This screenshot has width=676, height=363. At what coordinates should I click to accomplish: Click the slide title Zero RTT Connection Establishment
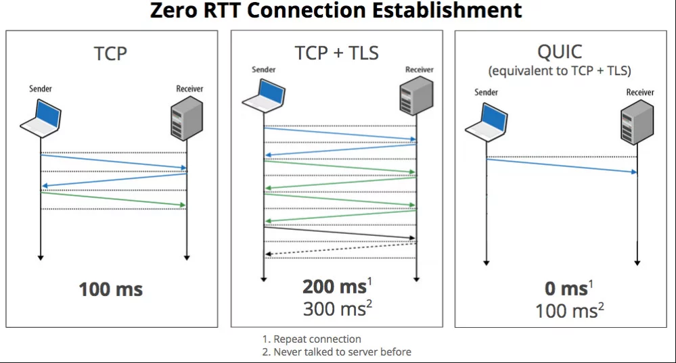pyautogui.click(x=336, y=10)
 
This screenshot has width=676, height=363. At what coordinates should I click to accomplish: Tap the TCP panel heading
pyautogui.click(x=110, y=54)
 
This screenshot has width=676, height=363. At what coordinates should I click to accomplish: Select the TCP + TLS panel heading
pyautogui.click(x=337, y=53)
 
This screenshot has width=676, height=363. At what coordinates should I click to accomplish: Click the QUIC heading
pyautogui.click(x=560, y=51)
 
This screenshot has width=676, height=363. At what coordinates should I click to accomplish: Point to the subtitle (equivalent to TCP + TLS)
pyautogui.click(x=560, y=70)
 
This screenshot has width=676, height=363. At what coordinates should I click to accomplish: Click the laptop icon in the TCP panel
pyautogui.click(x=41, y=118)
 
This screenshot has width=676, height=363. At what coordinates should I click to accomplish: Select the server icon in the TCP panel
pyautogui.click(x=187, y=118)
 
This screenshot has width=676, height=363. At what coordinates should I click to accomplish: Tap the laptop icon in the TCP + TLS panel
pyautogui.click(x=263, y=97)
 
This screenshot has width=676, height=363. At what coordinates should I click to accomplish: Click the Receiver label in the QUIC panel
pyautogui.click(x=639, y=92)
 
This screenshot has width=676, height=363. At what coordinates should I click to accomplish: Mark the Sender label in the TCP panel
pyautogui.click(x=41, y=89)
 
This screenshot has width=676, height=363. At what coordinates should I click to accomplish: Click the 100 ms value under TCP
pyautogui.click(x=111, y=289)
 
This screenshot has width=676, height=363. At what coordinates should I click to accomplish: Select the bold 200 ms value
pyautogui.click(x=334, y=287)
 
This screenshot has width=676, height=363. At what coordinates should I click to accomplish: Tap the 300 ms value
pyautogui.click(x=334, y=309)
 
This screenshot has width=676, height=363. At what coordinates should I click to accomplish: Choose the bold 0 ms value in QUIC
pyautogui.click(x=566, y=289)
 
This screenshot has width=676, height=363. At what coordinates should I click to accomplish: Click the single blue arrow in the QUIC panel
pyautogui.click(x=562, y=166)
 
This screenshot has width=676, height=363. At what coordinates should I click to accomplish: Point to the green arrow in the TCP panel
pyautogui.click(x=114, y=199)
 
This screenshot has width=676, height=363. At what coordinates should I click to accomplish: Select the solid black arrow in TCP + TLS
pyautogui.click(x=340, y=233)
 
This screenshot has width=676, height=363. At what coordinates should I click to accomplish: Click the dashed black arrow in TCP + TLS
pyautogui.click(x=340, y=249)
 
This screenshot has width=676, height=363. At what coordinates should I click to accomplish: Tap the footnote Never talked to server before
pyautogui.click(x=342, y=352)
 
